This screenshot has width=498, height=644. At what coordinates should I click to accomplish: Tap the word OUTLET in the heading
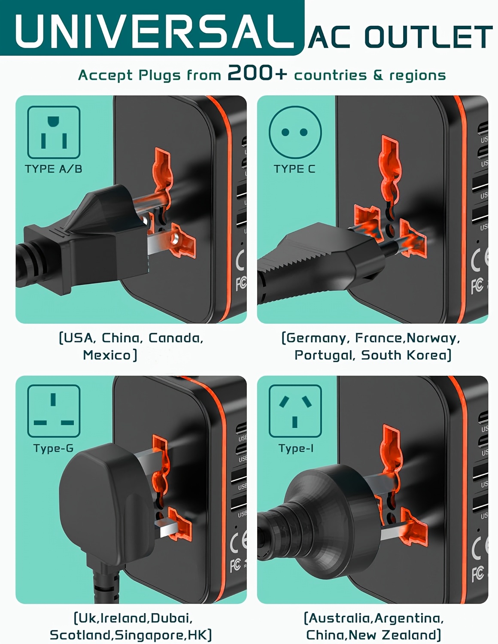(428, 37)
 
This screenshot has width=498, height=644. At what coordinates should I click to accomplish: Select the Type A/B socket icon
(54, 132)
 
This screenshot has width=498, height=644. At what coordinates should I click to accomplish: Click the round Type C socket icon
(295, 132)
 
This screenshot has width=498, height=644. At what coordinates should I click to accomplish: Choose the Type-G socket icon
(54, 411)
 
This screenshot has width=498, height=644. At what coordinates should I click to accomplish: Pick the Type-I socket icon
(295, 411)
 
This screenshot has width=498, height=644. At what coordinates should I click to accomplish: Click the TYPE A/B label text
(54, 169)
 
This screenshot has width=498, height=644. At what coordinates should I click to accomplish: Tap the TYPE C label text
(295, 169)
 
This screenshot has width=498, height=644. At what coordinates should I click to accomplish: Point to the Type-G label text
(54, 448)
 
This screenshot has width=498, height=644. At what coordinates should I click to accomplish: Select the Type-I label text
(296, 448)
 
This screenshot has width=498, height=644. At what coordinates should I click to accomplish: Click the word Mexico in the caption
(106, 355)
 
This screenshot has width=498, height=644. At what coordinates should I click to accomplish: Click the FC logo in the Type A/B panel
(241, 284)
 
